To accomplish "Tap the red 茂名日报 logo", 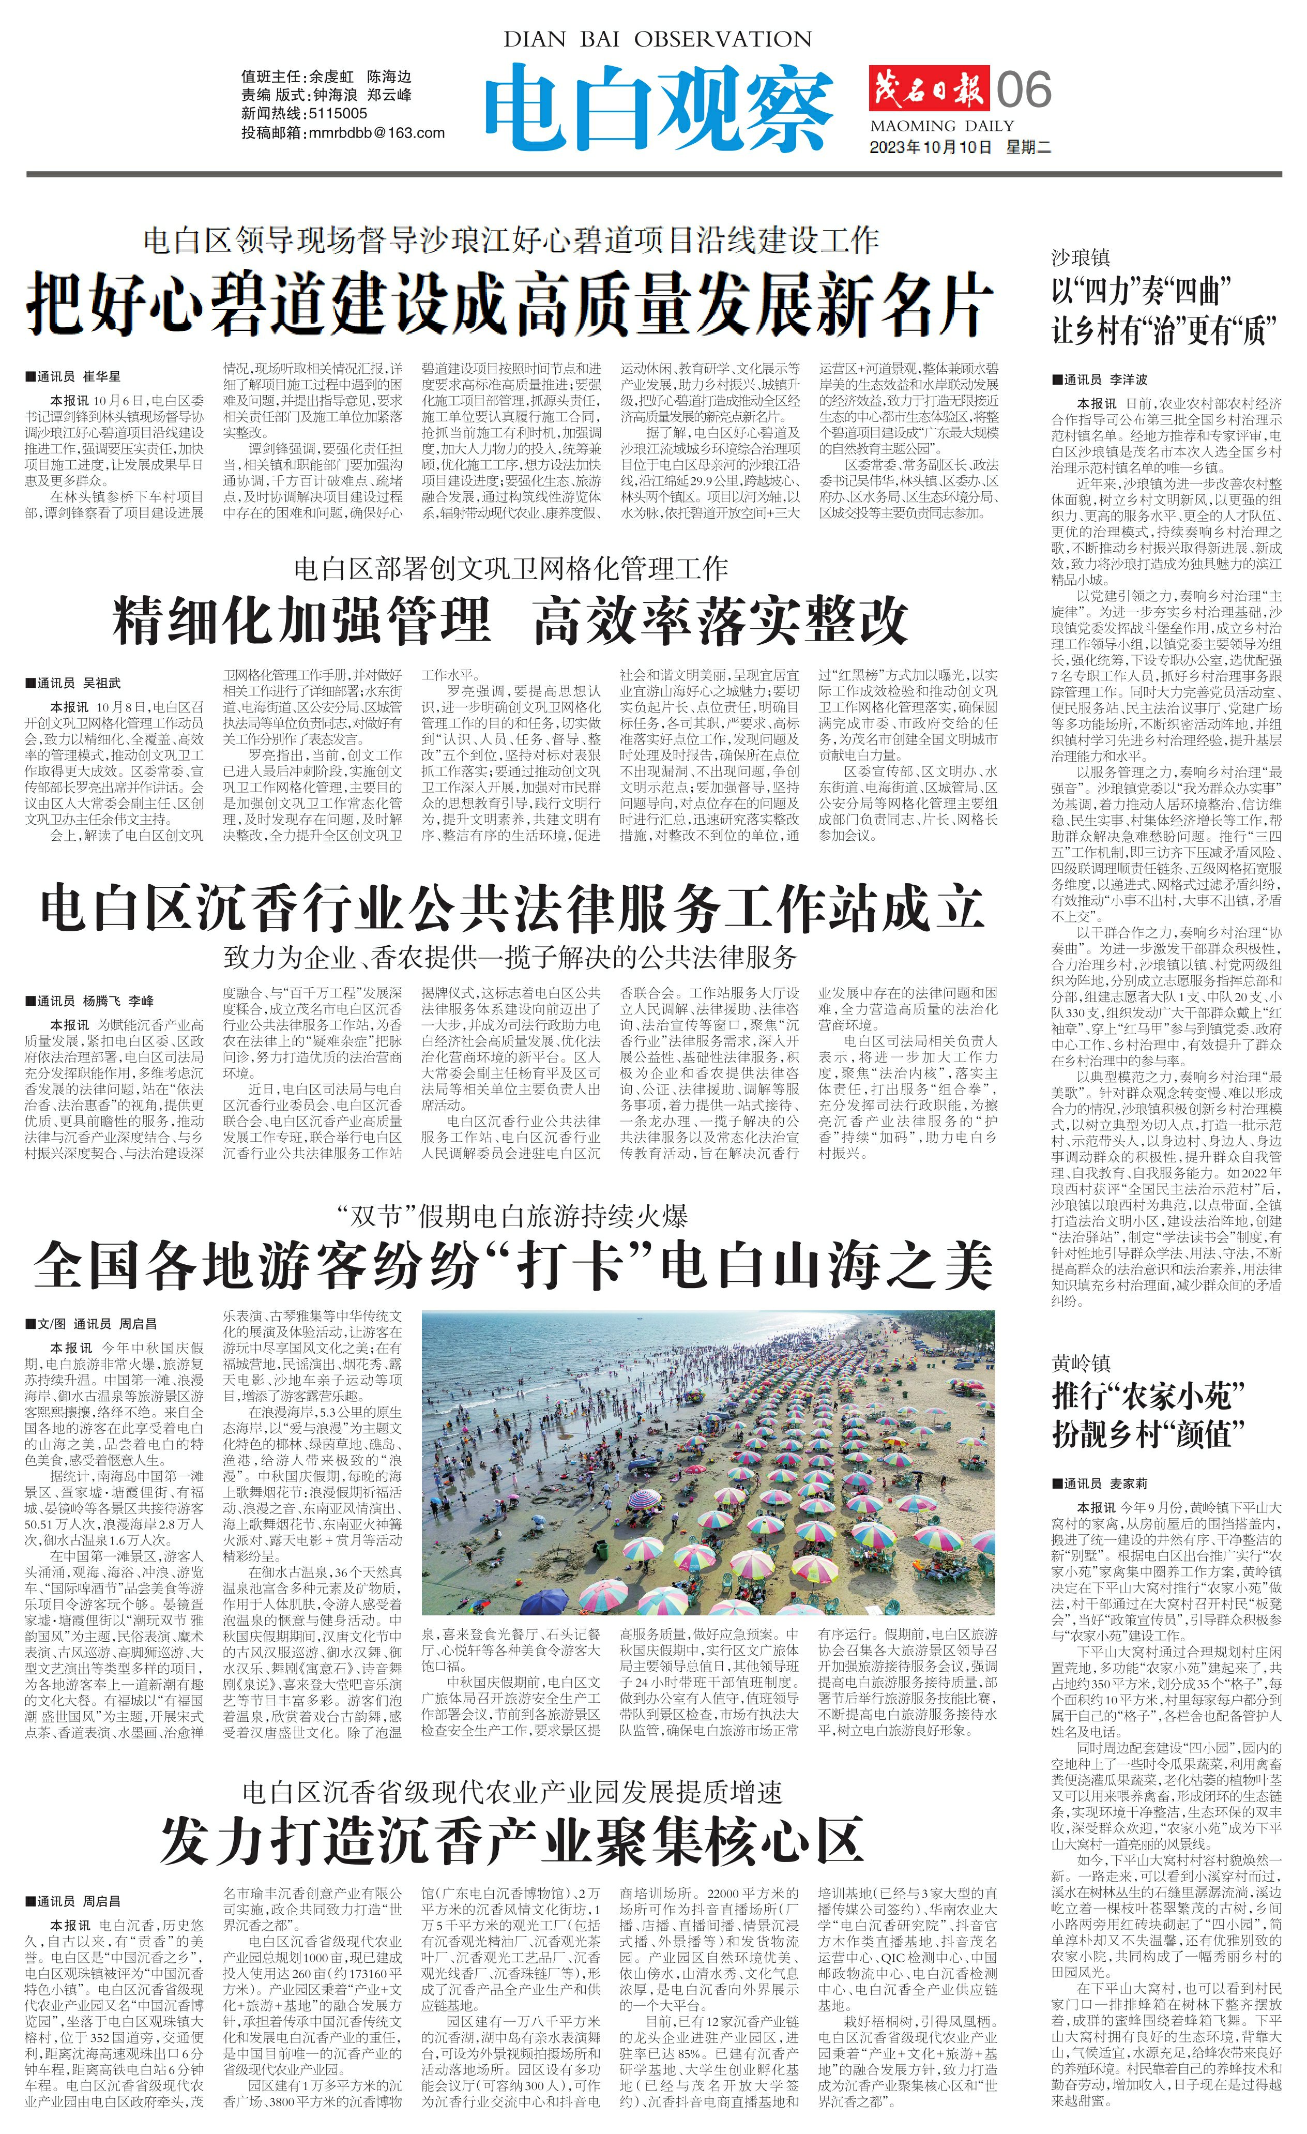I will coord(929,89).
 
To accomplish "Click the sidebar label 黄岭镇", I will coord(1080,1363).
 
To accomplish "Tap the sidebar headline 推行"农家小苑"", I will coord(1148,1396).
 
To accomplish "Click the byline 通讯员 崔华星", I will coord(78,377).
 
